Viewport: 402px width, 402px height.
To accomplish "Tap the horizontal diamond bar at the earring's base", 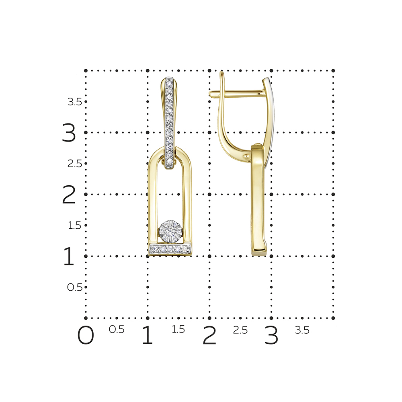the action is [170, 249].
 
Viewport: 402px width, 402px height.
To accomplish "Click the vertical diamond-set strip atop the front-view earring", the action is [170, 123].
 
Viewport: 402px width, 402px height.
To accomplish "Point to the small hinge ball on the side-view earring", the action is [246, 156].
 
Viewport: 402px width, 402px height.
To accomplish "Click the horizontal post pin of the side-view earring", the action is [236, 93].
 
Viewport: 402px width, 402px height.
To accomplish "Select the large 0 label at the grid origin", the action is [86, 335].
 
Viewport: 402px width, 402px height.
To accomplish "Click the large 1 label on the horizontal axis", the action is [148, 335].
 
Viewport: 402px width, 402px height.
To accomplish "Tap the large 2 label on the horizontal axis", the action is [209, 335].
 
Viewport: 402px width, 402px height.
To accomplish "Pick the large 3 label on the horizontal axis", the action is [271, 335].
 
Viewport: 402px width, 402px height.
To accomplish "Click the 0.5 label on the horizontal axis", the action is [117, 330].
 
